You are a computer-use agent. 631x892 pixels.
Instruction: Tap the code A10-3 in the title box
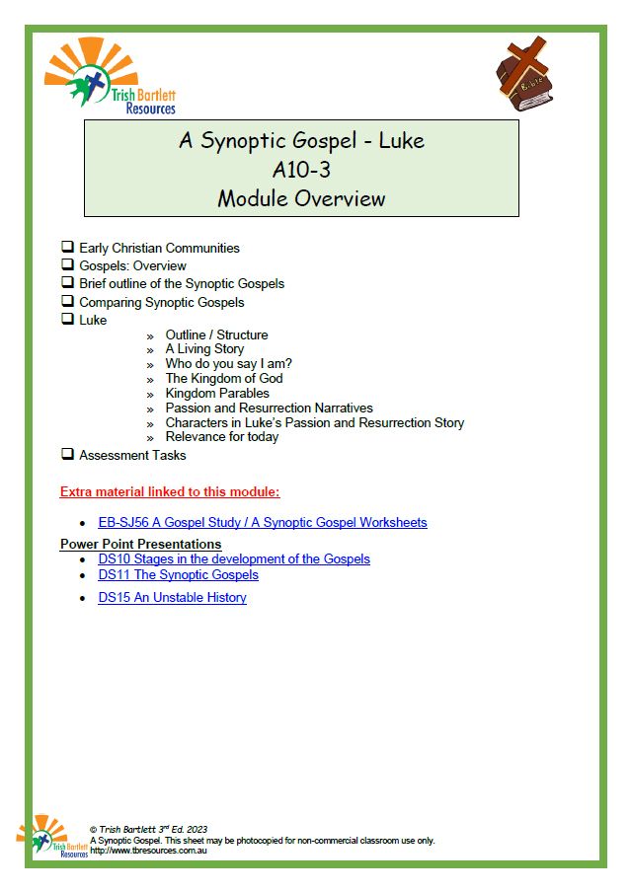pos(301,169)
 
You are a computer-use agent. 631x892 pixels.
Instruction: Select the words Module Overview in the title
pos(301,197)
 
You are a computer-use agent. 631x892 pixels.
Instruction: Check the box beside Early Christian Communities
pos(67,248)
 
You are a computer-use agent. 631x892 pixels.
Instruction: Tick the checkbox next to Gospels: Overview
pos(67,265)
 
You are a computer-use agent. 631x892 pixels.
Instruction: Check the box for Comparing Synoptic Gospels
pos(67,302)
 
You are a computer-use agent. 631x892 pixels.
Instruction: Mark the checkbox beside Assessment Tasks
pos(67,455)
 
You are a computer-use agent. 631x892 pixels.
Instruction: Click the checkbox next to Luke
pos(67,320)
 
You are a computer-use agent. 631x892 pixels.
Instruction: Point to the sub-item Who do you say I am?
pos(228,363)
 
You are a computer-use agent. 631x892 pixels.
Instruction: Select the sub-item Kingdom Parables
pos(217,393)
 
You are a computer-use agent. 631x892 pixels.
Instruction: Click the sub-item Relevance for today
pos(222,436)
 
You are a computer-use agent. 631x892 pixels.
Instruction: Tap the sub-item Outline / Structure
pos(216,334)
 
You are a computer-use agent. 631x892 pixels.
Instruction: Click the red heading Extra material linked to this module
pos(170,491)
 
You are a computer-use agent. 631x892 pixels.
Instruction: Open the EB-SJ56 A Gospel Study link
pos(263,522)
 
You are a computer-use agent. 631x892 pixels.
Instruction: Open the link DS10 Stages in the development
pos(234,558)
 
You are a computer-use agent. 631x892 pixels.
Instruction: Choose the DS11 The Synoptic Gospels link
pos(178,574)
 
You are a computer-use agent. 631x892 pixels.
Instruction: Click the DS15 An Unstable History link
pos(172,597)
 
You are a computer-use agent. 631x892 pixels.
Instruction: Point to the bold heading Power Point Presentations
pos(140,544)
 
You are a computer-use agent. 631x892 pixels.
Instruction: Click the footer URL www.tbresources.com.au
pos(143,850)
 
